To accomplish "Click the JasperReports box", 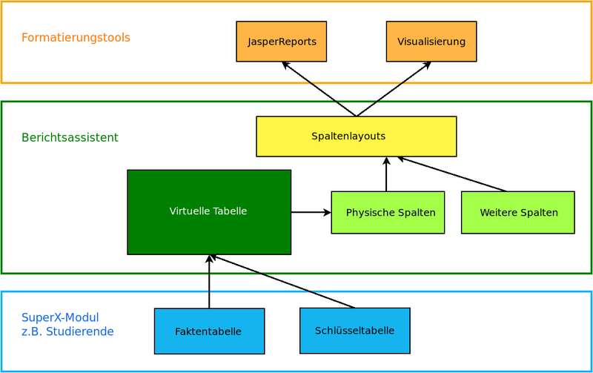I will tap(282, 42).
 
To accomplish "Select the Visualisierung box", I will tap(431, 42).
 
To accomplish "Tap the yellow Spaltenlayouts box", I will tap(356, 136).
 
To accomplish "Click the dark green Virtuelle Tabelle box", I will tap(208, 212).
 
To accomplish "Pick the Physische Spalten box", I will tap(388, 213).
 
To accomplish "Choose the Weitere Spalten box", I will tap(518, 213).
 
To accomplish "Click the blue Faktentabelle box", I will tap(209, 331).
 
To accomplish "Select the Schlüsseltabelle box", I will tap(354, 331).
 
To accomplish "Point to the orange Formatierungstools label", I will tap(76, 37).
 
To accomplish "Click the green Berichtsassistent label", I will tap(70, 138).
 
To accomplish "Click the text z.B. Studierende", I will tap(67, 331).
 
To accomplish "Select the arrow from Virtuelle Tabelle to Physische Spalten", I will tap(311, 212).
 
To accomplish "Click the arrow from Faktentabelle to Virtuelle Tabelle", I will tap(209, 282).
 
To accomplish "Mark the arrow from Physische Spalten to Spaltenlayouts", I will tap(386, 175).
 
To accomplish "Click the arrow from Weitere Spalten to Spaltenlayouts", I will tap(452, 174).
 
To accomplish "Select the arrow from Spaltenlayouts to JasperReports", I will tap(319, 89).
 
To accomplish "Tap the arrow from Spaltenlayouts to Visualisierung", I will tap(394, 89).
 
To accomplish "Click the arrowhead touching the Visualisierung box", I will tap(426, 65).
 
